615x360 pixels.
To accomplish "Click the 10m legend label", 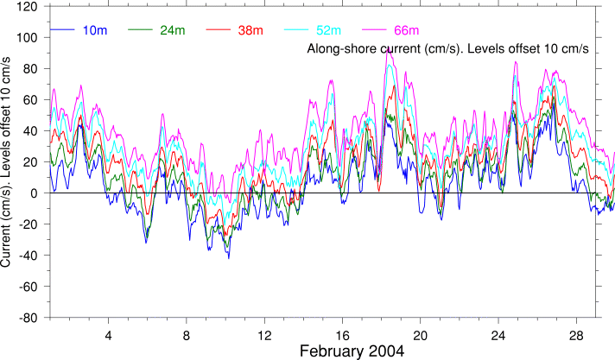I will point(95,31).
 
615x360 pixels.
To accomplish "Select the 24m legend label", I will point(172,31).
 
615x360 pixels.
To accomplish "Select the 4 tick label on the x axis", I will point(108,334).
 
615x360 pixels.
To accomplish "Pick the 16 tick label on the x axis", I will point(342,334).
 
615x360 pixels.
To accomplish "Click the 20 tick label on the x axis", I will point(421,334).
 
